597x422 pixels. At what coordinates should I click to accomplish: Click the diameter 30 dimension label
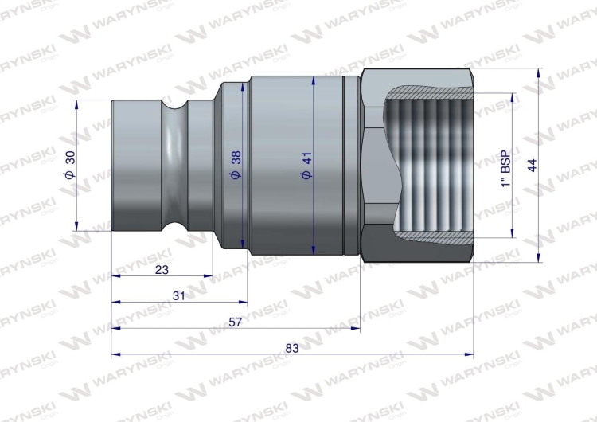pos(70,166)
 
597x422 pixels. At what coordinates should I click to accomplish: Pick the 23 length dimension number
pos(162,269)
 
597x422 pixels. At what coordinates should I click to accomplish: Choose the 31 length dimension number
pos(178,295)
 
